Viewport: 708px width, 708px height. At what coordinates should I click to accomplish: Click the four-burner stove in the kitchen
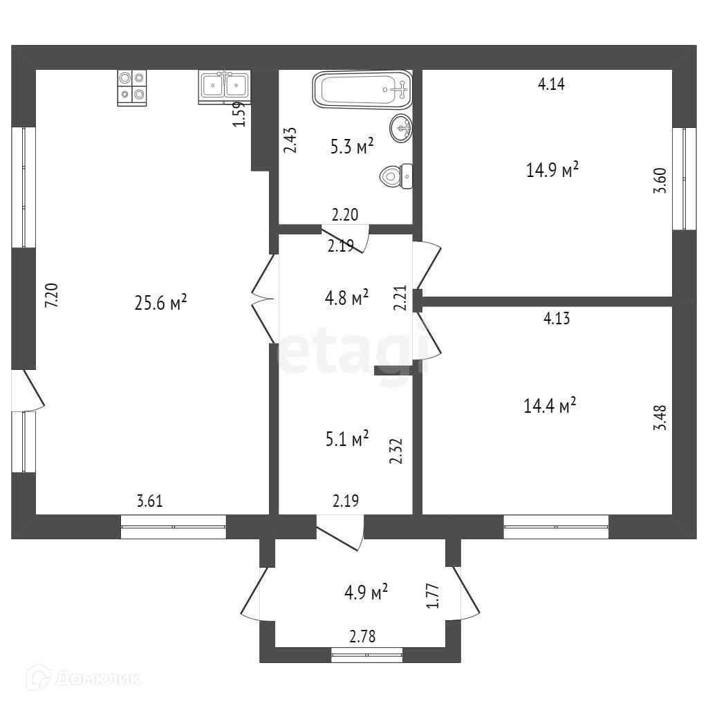click(x=132, y=88)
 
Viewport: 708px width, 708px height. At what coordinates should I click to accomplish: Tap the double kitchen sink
click(x=224, y=86)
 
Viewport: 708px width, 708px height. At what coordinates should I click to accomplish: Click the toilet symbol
click(x=396, y=176)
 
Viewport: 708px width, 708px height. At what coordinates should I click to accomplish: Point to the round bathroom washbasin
click(x=401, y=128)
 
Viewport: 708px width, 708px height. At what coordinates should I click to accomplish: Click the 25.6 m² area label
click(x=161, y=302)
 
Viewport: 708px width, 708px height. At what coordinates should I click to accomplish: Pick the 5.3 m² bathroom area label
click(x=351, y=146)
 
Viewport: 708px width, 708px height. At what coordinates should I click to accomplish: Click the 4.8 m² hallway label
click(x=346, y=299)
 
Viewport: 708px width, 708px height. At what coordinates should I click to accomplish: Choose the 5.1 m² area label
click(x=346, y=438)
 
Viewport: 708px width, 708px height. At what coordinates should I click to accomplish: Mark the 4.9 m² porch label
click(x=366, y=593)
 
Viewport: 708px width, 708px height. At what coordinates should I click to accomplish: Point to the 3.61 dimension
click(x=150, y=502)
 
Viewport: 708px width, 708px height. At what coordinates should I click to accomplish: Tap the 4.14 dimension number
click(x=552, y=84)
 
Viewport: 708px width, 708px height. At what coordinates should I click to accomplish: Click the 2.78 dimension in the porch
click(x=362, y=637)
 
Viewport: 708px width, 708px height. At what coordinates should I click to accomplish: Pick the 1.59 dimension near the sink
click(x=239, y=114)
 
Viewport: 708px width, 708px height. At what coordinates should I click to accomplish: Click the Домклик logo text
click(x=96, y=678)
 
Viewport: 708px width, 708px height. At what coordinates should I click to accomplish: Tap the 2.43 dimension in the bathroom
click(x=291, y=140)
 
